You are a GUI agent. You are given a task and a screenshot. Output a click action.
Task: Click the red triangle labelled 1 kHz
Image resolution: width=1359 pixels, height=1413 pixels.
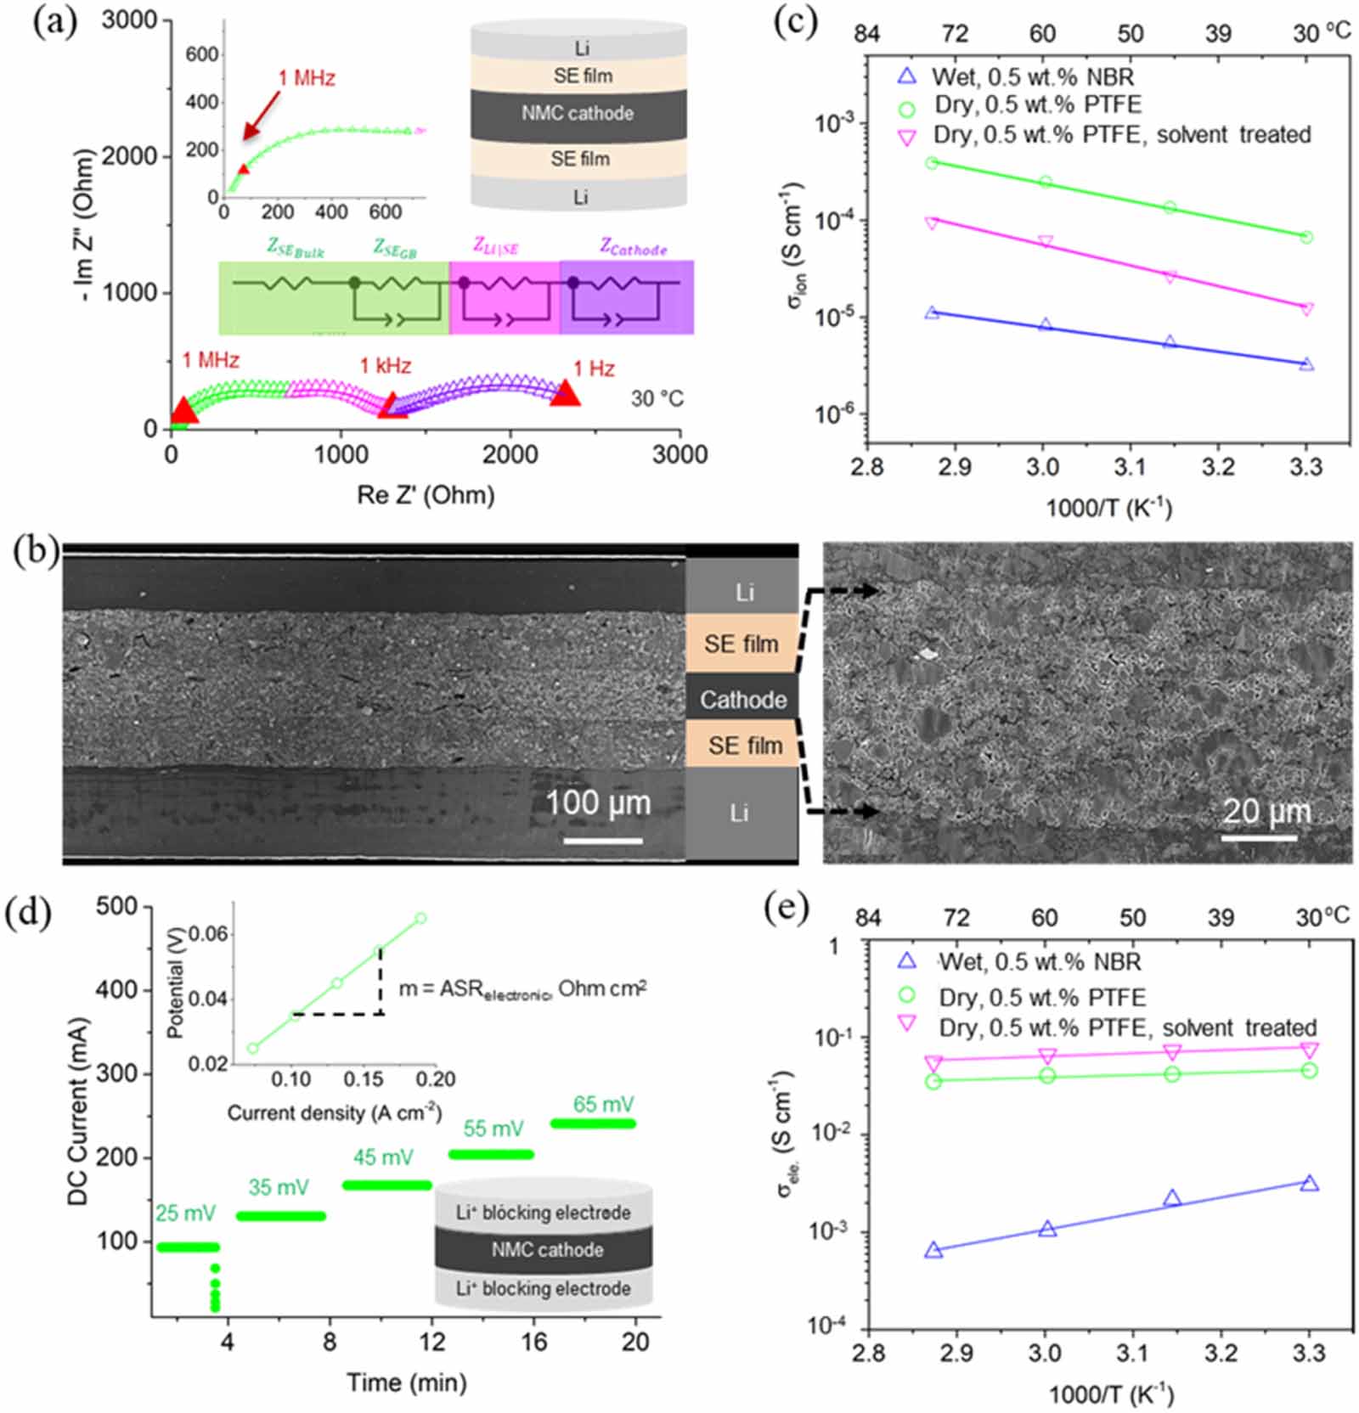(x=392, y=406)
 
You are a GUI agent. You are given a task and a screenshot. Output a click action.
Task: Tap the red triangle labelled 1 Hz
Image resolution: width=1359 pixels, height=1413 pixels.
(x=565, y=393)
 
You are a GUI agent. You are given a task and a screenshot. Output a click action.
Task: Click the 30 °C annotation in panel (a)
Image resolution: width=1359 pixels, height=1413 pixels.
(x=657, y=398)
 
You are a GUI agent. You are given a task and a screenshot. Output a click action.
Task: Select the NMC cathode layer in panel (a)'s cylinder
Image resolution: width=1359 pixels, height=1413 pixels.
(x=578, y=114)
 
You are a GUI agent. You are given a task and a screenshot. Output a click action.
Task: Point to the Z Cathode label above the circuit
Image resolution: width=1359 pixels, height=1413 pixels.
(x=633, y=248)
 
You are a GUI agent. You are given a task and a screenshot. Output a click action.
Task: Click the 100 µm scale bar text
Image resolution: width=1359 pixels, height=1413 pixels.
(x=598, y=802)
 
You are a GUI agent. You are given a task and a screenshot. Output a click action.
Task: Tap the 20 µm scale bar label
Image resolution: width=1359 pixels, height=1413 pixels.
(x=1266, y=811)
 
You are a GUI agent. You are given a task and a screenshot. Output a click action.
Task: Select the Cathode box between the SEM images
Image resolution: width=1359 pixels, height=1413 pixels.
(x=742, y=699)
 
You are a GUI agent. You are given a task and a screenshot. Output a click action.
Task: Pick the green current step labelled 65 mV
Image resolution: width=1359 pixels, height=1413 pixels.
(x=593, y=1123)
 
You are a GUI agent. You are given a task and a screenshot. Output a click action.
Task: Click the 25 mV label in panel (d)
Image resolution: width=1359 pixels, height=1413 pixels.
(x=185, y=1213)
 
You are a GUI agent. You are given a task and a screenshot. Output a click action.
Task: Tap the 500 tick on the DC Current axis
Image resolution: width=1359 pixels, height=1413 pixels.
(x=116, y=906)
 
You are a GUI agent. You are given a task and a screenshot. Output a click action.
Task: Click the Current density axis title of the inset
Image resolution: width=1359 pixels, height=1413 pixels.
(x=334, y=1112)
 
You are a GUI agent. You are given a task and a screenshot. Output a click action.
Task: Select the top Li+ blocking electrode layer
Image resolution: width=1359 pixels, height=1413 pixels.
(x=544, y=1212)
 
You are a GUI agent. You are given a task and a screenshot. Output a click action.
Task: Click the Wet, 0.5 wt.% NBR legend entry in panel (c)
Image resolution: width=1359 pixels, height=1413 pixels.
(x=1031, y=77)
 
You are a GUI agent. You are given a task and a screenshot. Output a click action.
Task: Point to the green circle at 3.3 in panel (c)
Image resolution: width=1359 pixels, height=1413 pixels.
(x=1306, y=237)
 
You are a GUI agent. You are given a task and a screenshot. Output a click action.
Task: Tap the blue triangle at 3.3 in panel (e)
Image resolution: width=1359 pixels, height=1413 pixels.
(x=1309, y=1183)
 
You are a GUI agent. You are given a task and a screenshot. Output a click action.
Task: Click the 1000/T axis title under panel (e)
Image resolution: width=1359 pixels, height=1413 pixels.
(x=1110, y=1393)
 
